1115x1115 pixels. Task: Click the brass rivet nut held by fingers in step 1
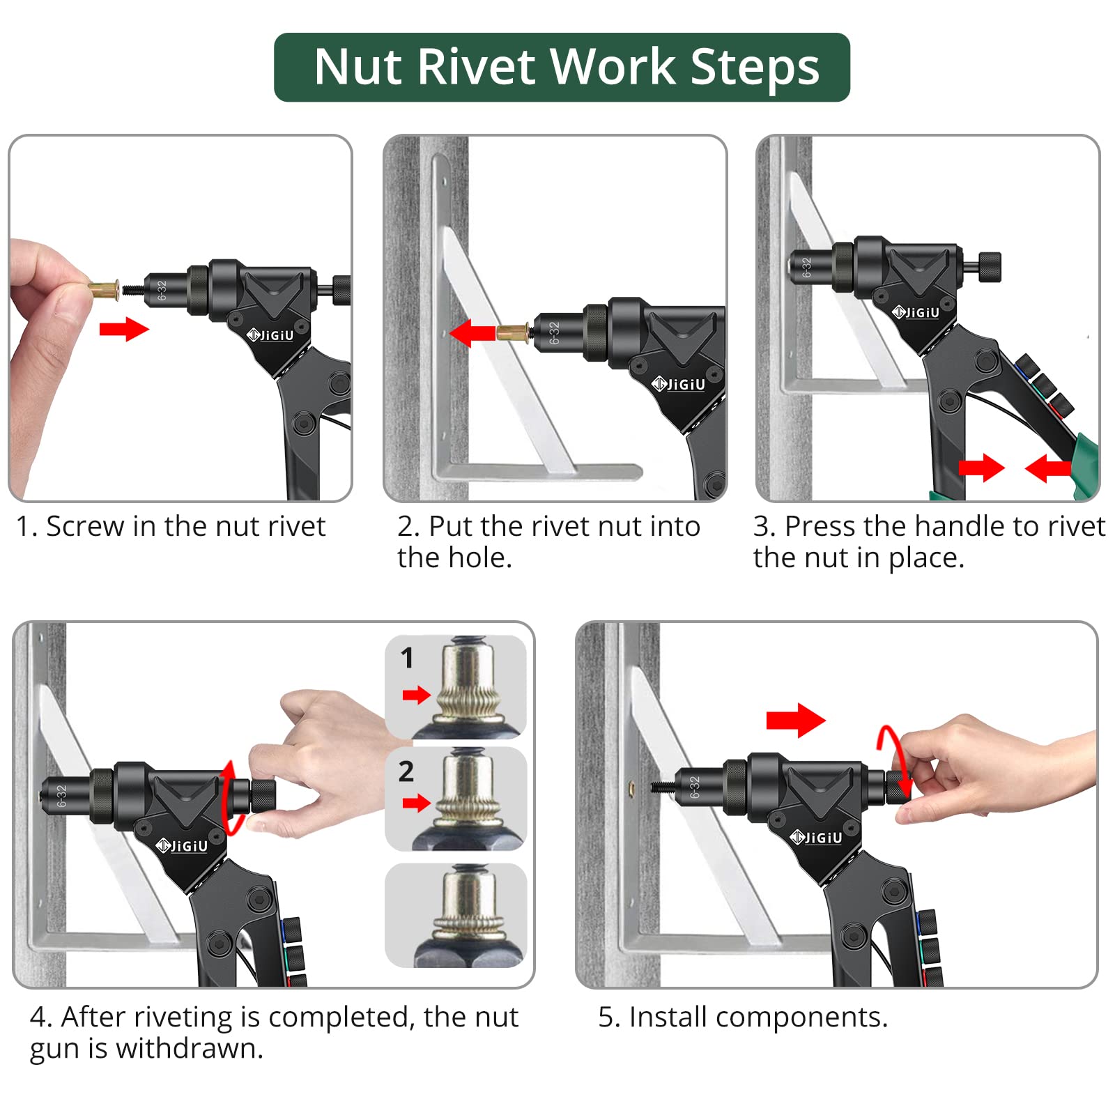(x=105, y=288)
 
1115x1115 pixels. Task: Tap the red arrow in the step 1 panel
(x=124, y=329)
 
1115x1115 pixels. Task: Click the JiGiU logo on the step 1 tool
(x=271, y=335)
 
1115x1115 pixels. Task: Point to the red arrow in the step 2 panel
(x=472, y=332)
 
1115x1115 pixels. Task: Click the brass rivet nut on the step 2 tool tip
(x=512, y=332)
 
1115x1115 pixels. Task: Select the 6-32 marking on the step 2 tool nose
(x=554, y=333)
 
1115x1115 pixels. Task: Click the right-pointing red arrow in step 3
(x=981, y=468)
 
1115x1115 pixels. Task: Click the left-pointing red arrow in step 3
(x=1047, y=468)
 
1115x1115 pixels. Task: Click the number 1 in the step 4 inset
(x=407, y=658)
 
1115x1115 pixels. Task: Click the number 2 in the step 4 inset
(x=406, y=771)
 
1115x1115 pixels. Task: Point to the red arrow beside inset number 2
(x=417, y=803)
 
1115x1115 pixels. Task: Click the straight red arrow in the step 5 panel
(x=795, y=720)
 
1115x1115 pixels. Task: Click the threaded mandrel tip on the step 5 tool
(x=663, y=787)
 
